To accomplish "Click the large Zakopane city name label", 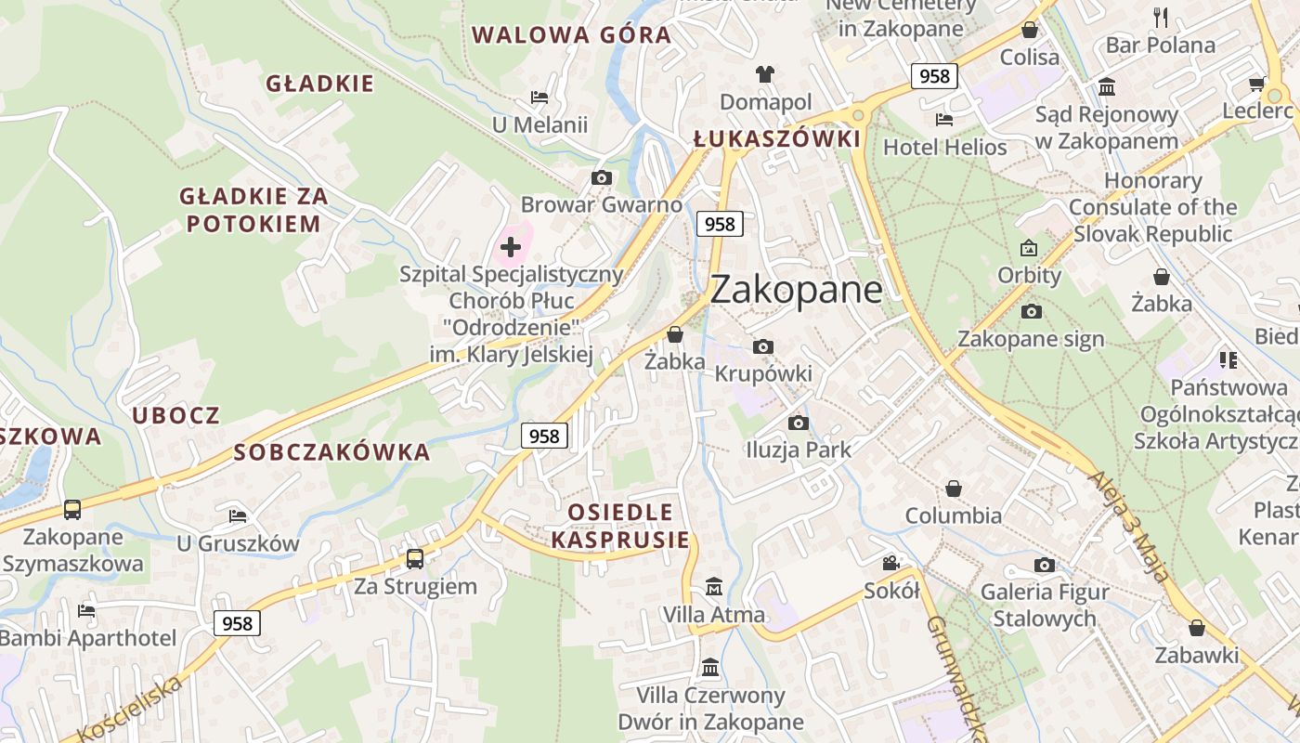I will [x=796, y=290].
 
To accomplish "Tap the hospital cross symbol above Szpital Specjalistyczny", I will [x=510, y=247].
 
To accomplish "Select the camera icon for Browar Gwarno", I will [x=602, y=177].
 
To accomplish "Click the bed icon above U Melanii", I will [x=539, y=98].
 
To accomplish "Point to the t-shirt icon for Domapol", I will [x=765, y=74].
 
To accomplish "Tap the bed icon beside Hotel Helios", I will [x=944, y=120].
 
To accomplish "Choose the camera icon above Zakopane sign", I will [x=1031, y=312].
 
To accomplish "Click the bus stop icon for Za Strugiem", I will [x=415, y=559].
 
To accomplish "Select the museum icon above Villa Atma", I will [x=713, y=587].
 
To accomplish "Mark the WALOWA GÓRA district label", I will [x=571, y=35].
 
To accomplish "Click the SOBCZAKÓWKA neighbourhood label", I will [x=331, y=452].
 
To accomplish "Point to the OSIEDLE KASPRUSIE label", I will [x=620, y=526].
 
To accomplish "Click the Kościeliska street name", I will [x=130, y=710].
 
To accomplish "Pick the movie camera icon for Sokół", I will [x=891, y=563].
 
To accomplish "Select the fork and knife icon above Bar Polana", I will [x=1161, y=17].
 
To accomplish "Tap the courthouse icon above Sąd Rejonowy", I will [x=1107, y=87].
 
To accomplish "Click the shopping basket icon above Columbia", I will [x=954, y=489].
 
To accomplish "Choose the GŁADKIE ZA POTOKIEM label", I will [x=253, y=210].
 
